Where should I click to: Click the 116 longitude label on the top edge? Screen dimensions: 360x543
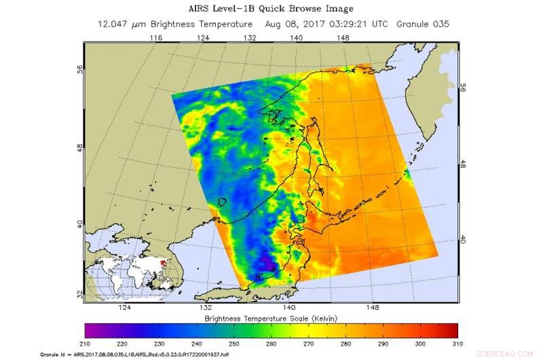[155, 39]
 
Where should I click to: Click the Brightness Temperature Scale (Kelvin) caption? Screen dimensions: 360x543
[271, 318]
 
